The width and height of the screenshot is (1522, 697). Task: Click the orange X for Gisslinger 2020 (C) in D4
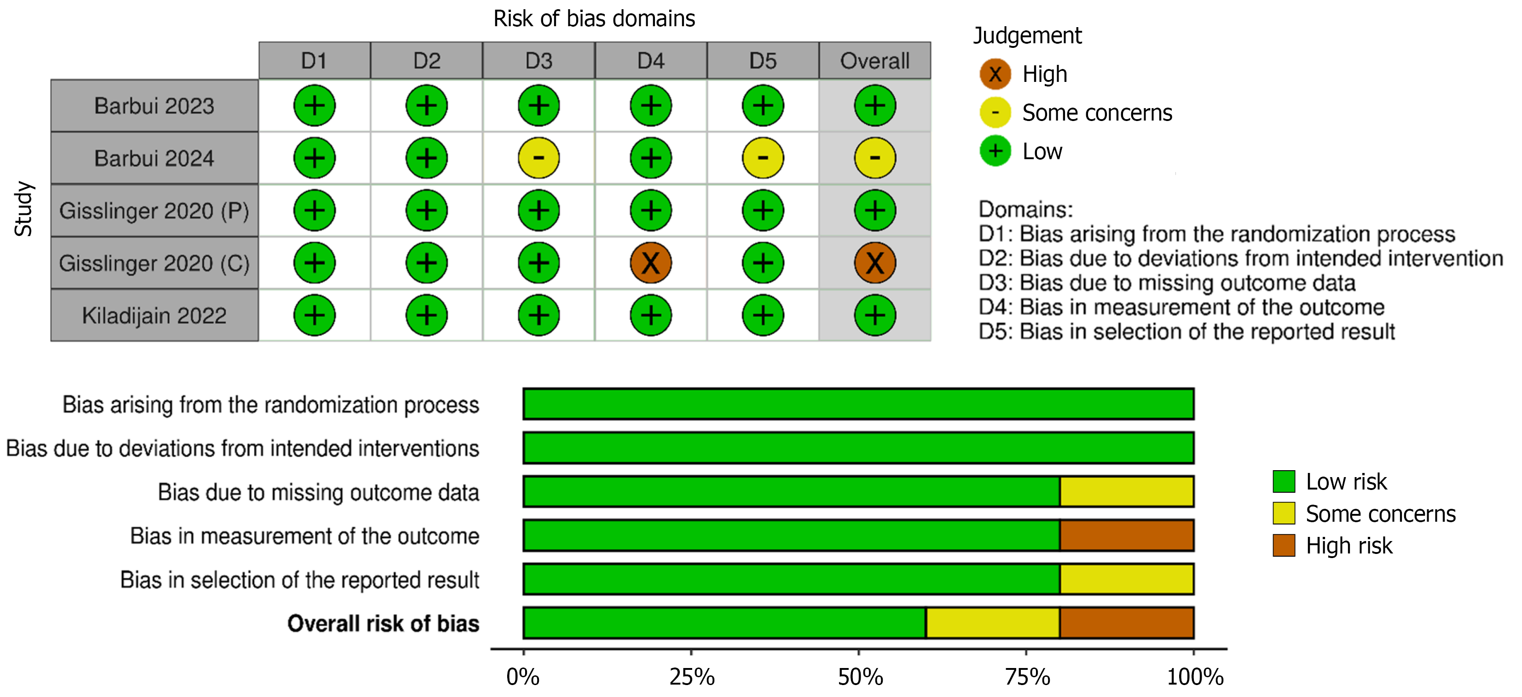pyautogui.click(x=650, y=263)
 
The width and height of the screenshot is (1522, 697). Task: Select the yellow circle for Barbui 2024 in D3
pyautogui.click(x=538, y=158)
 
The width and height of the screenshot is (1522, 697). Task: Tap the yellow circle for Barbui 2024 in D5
pyautogui.click(x=763, y=158)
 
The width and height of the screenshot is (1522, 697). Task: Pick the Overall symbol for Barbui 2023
pyautogui.click(x=874, y=106)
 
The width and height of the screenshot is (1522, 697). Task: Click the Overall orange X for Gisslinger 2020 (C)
pyautogui.click(x=874, y=263)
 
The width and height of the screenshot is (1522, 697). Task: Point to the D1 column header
pyautogui.click(x=314, y=60)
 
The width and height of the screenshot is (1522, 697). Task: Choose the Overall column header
pyautogui.click(x=874, y=60)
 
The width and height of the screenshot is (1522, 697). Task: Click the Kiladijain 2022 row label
pyautogui.click(x=154, y=316)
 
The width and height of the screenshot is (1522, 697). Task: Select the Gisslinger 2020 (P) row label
pyautogui.click(x=154, y=210)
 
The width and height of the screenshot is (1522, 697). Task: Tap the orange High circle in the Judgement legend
pyautogui.click(x=995, y=74)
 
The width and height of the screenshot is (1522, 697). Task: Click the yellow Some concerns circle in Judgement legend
pyautogui.click(x=995, y=112)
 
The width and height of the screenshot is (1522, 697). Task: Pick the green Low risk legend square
pyautogui.click(x=1284, y=481)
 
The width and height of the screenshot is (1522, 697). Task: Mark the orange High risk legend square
pyautogui.click(x=1284, y=545)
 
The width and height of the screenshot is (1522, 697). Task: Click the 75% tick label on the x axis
pyautogui.click(x=1027, y=677)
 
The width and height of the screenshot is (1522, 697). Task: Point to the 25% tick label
pyautogui.click(x=691, y=677)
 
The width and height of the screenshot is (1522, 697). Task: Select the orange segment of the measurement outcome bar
pyautogui.click(x=1126, y=535)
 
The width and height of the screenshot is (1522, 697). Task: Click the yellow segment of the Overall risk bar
pyautogui.click(x=993, y=622)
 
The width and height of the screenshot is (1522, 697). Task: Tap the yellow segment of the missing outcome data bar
pyautogui.click(x=1126, y=491)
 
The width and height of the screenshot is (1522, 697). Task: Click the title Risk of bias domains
pyautogui.click(x=594, y=19)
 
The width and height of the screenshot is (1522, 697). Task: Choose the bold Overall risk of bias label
pyautogui.click(x=383, y=624)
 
